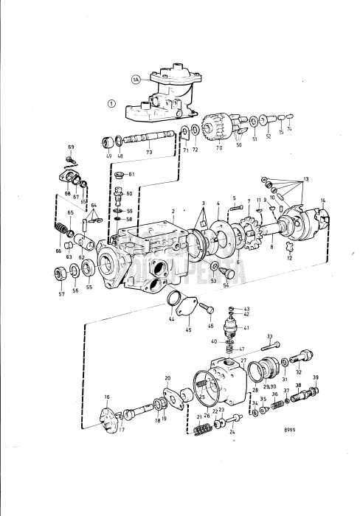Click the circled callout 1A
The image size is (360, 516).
click(x=136, y=79)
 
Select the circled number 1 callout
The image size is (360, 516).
click(x=111, y=103)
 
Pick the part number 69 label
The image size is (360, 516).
click(x=72, y=148)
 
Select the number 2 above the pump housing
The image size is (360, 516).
click(x=173, y=211)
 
